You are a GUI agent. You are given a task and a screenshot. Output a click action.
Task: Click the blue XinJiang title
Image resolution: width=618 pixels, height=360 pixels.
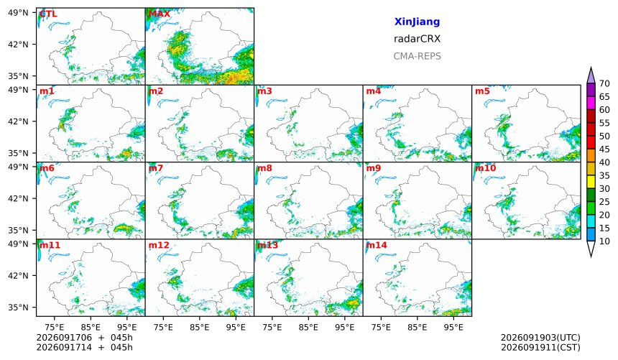[417, 22]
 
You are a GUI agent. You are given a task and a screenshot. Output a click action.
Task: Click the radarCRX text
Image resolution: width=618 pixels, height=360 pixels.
[417, 39]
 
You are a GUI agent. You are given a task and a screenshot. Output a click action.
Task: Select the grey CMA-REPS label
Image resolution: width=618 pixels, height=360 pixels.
[417, 56]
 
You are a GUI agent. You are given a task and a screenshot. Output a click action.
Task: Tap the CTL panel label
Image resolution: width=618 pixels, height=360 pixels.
[48, 14]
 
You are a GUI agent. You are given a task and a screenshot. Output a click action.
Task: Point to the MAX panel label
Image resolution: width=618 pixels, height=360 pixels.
[160, 14]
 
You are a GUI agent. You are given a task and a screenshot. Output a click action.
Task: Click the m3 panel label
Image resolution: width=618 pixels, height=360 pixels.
[264, 91]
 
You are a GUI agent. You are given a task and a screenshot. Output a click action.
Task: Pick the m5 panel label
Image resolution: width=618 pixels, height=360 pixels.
[482, 91]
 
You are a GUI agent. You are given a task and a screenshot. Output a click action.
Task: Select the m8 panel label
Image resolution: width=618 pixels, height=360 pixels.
[264, 168]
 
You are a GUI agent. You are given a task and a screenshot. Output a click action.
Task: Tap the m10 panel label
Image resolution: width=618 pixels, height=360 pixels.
[485, 168]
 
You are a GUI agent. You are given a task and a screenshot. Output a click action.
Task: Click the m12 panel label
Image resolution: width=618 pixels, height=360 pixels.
[158, 245]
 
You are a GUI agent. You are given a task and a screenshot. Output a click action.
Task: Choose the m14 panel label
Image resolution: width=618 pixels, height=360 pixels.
[377, 245]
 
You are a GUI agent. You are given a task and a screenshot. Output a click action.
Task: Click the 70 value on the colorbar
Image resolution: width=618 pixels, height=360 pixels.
[604, 83]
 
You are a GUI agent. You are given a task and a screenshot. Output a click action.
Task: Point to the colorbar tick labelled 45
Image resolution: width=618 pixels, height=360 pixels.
[604, 149]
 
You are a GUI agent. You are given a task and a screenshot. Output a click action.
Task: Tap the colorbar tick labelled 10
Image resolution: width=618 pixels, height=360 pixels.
[604, 241]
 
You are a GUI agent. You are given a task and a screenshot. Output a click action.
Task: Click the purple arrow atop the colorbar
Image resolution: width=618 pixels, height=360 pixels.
[591, 75]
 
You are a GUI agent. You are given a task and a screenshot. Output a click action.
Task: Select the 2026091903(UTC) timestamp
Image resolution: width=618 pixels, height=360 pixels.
[540, 338]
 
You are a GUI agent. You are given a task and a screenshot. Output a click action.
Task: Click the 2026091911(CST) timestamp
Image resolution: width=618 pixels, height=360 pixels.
[540, 347]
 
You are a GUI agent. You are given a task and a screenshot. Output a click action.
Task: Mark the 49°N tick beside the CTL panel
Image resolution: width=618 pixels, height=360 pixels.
[18, 13]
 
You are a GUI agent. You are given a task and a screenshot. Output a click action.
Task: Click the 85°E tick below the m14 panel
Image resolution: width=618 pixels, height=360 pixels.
[417, 327]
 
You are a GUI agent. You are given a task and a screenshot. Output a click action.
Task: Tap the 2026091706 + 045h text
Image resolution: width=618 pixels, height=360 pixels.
[84, 338]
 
